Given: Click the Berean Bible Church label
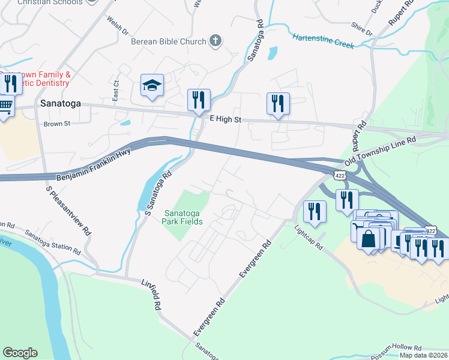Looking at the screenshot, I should click(169, 41).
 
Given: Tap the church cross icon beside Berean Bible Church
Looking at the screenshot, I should click(215, 41).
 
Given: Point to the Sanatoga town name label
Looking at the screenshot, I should click(60, 103).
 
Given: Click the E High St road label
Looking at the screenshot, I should click(225, 120).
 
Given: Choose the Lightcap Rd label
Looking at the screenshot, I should click(309, 237).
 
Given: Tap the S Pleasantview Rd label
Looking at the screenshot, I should click(69, 210).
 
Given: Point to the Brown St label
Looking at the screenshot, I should click(57, 124).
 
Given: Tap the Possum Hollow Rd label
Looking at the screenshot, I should click(397, 347).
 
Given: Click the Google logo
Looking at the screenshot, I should click(20, 353).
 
